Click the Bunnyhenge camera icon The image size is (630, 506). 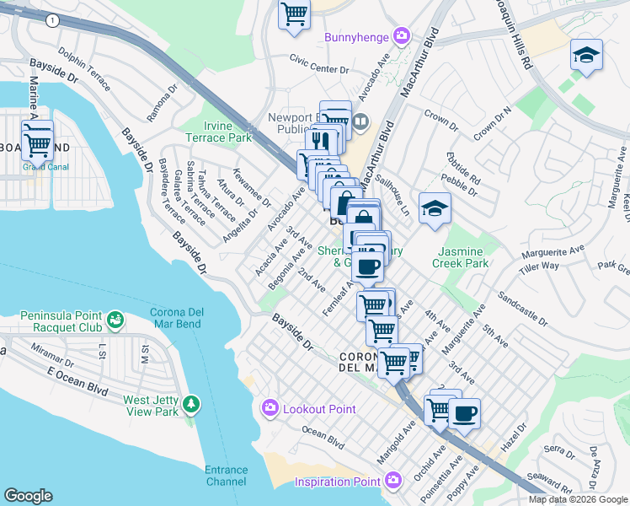coord(402,36)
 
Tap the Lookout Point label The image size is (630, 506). coord(319,409)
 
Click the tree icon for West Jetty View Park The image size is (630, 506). coord(193,405)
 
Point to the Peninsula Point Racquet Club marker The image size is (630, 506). coord(115,320)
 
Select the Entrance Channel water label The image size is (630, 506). coord(227,476)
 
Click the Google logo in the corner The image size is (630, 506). coord(28,496)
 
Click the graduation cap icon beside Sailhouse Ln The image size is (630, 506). coord(435,208)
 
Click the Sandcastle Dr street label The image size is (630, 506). coord(523,310)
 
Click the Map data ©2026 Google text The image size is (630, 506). coord(579,499)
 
